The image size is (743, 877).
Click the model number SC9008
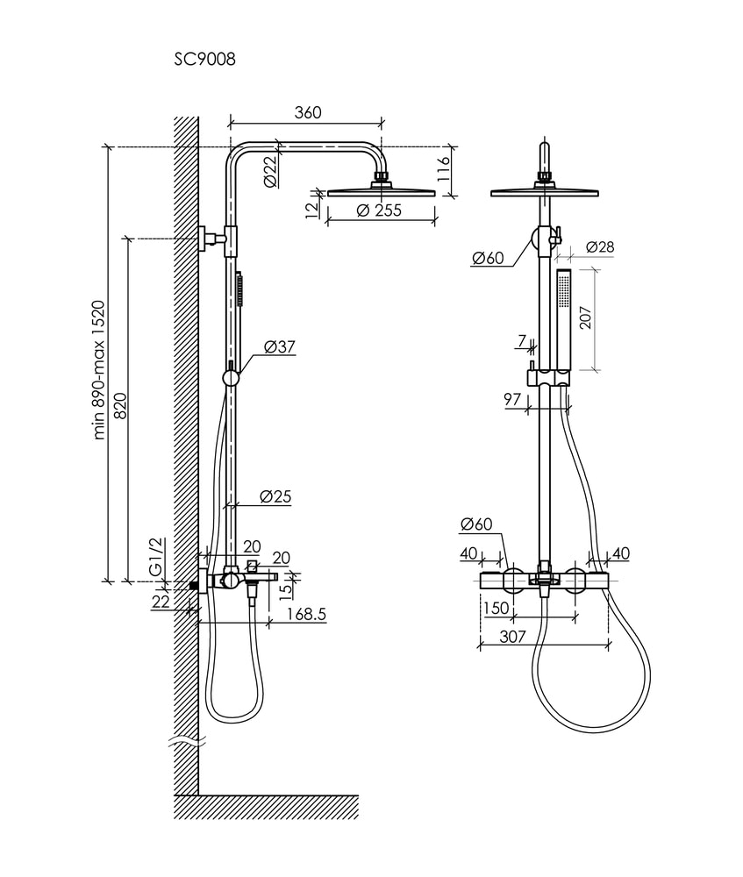204,59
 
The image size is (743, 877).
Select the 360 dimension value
308,112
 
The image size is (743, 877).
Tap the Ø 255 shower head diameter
379,210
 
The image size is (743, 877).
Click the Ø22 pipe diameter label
270,171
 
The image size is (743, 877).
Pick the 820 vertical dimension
121,405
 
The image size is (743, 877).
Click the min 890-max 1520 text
99,370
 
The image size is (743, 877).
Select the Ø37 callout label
279,346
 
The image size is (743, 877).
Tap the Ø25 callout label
275,496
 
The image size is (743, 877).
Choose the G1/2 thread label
156,556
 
